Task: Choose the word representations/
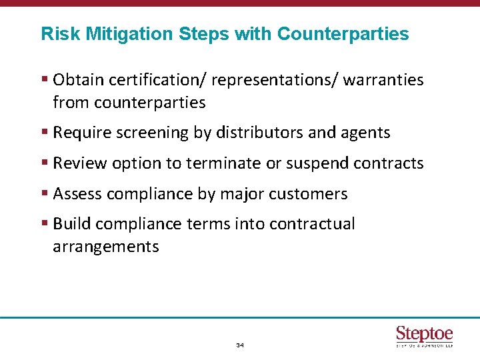[275, 81]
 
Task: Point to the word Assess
[76, 194]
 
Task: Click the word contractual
[312, 224]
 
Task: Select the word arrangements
[106, 247]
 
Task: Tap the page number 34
[240, 346]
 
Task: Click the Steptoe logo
[424, 335]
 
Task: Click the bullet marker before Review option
[44, 163]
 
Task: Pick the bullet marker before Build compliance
[44, 224]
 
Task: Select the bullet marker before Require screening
[44, 133]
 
